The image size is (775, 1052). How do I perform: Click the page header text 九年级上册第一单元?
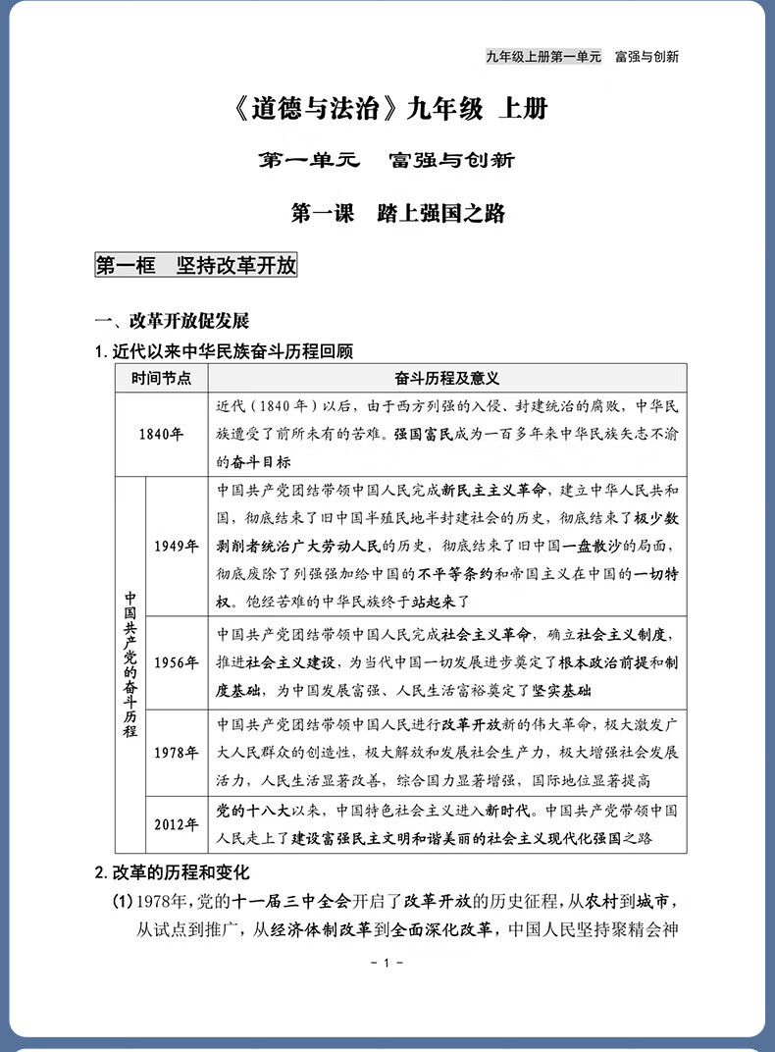pos(542,56)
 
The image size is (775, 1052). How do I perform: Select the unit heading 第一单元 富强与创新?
pos(387,160)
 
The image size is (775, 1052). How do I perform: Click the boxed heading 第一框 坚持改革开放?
pos(195,265)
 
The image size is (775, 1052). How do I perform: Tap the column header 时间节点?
pos(162,378)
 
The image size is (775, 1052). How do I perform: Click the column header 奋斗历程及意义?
pos(447,378)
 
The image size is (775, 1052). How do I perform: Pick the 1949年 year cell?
pos(176,547)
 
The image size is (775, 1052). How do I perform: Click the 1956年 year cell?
pos(176,661)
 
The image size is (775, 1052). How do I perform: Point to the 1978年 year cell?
pos(176,753)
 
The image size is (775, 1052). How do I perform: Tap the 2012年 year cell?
pos(176,823)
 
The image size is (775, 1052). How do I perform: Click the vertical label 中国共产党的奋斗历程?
pos(130,664)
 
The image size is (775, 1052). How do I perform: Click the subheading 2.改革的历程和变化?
pos(173,871)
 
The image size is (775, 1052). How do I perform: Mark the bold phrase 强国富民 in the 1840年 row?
pos(425,433)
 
